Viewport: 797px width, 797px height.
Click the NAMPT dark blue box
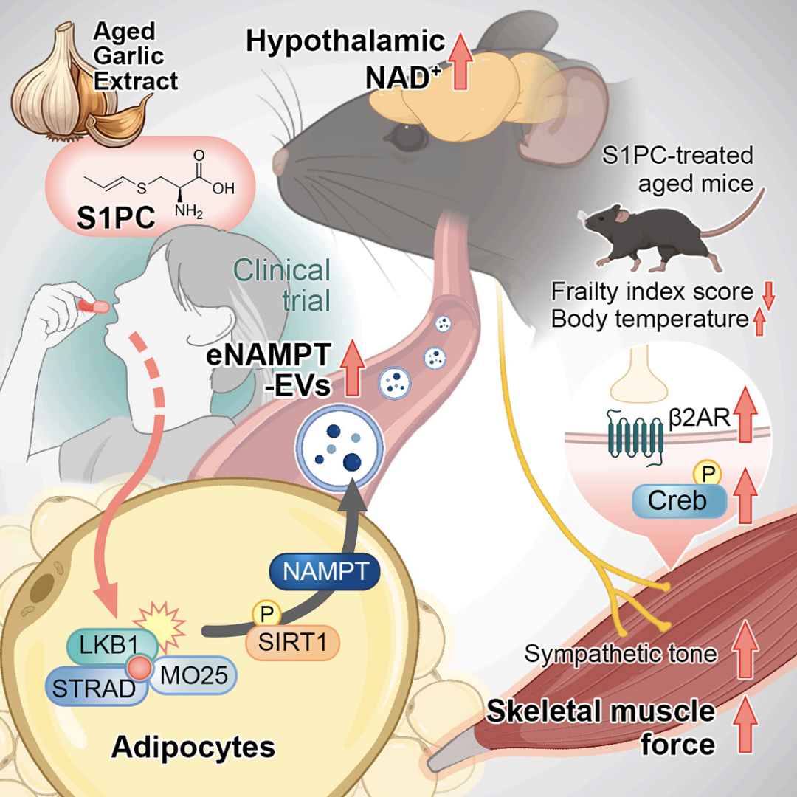click(x=325, y=572)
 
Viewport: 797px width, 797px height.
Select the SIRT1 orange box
click(x=292, y=643)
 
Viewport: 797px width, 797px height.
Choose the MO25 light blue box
click(x=193, y=675)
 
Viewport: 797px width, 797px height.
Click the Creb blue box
click(x=679, y=500)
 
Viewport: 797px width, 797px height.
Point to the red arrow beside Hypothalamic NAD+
click(x=460, y=61)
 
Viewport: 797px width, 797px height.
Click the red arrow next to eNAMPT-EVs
click(x=352, y=368)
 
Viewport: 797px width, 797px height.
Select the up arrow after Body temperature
click(x=759, y=322)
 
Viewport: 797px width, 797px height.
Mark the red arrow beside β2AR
click(x=745, y=414)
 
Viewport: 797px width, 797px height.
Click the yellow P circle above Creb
click(x=708, y=474)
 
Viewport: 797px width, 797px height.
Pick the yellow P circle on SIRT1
click(x=266, y=614)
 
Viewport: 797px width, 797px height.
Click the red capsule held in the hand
click(x=93, y=306)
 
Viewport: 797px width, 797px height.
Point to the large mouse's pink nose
click(x=280, y=162)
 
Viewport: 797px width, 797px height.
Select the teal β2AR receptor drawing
click(x=635, y=437)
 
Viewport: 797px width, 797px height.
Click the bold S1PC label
click(x=116, y=218)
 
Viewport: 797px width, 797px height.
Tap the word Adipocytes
click(x=193, y=747)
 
